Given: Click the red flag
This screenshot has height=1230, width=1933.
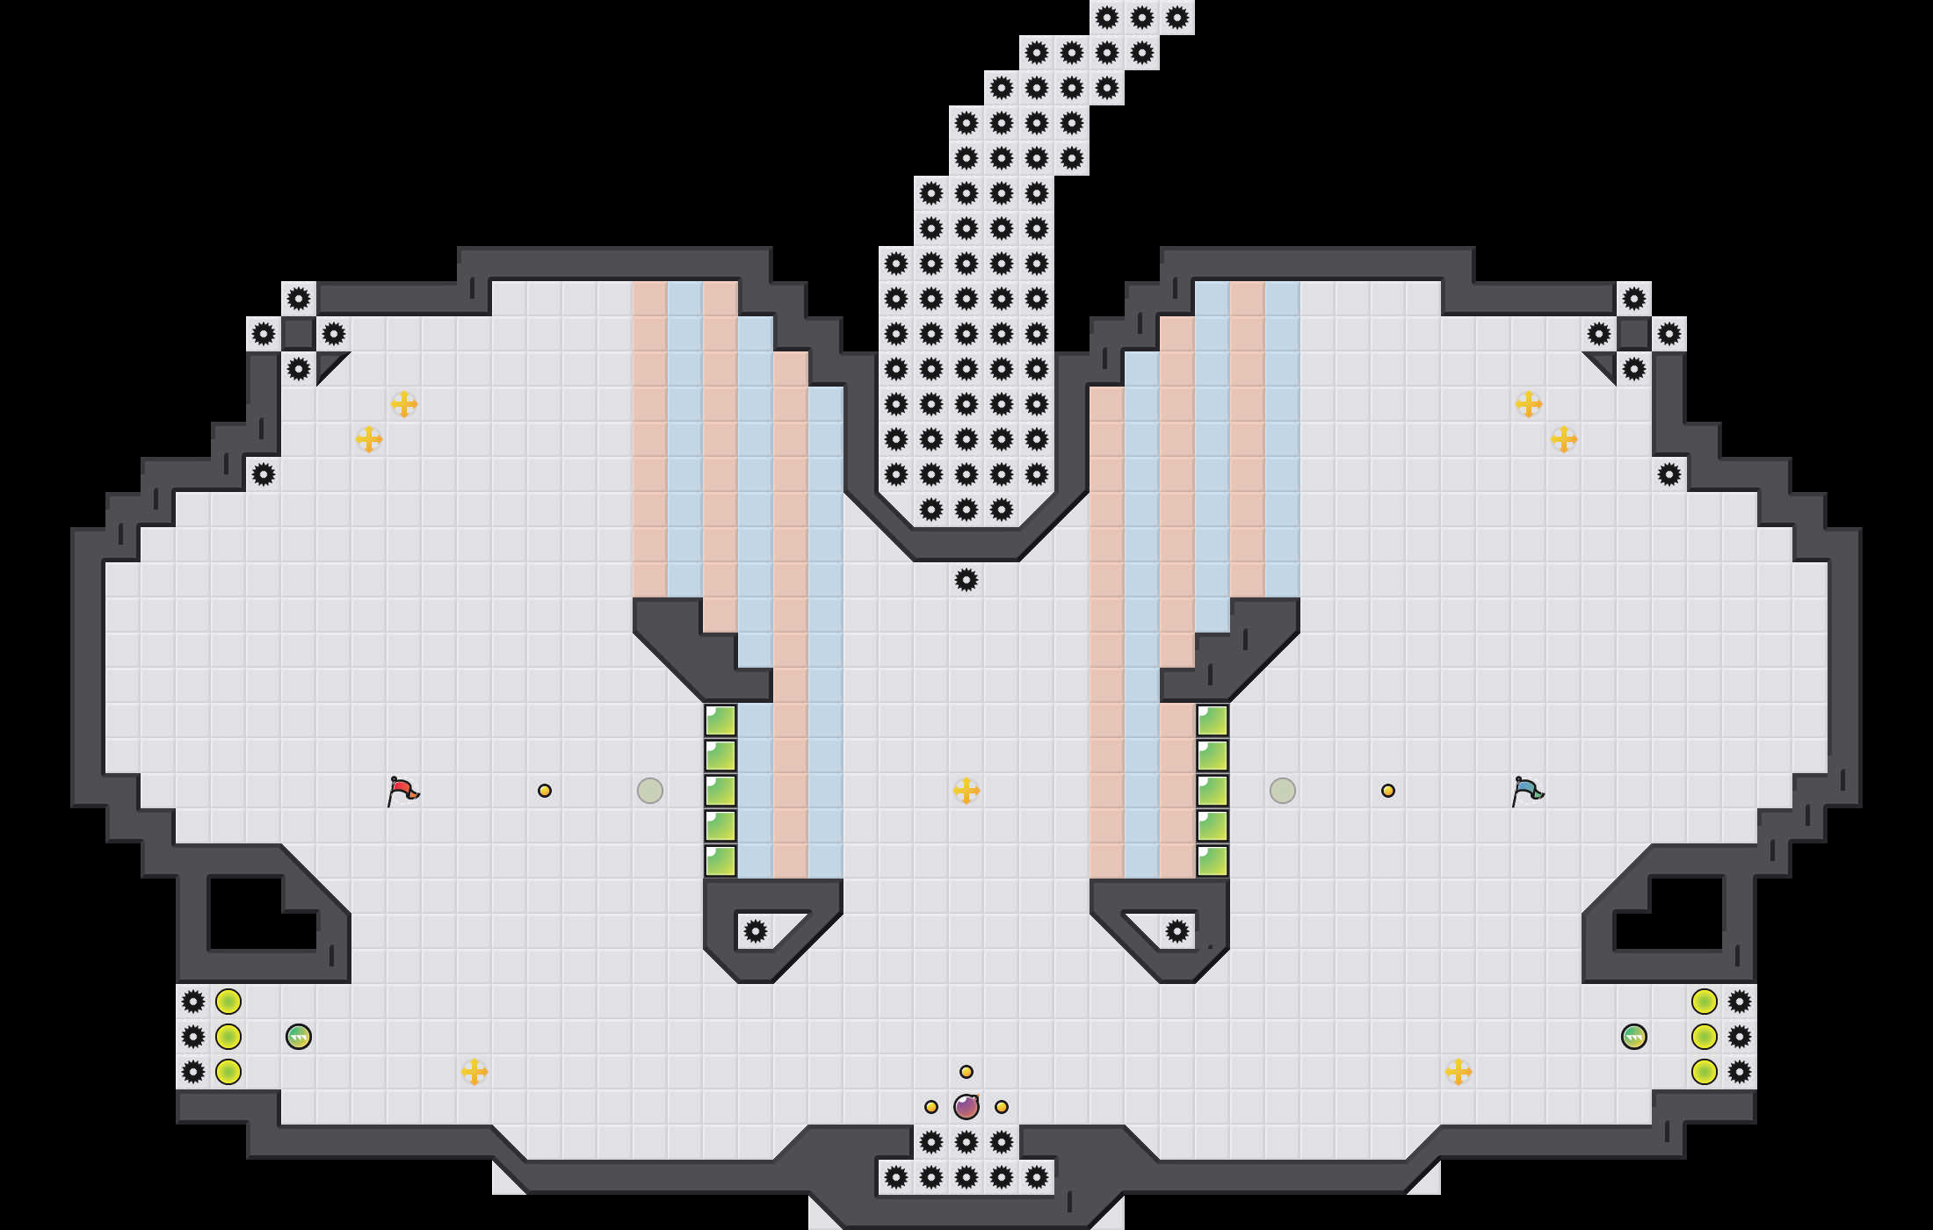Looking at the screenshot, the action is pyautogui.click(x=402, y=790).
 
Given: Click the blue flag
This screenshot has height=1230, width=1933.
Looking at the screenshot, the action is pyautogui.click(x=1527, y=790).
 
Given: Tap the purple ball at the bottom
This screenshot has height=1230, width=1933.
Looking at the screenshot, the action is pyautogui.click(x=966, y=1107).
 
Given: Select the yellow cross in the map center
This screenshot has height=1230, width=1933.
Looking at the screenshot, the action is pyautogui.click(x=966, y=791).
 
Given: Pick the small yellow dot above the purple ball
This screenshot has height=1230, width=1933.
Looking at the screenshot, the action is pyautogui.click(x=966, y=1072).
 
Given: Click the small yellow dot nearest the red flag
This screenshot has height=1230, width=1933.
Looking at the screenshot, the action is pyautogui.click(x=545, y=791).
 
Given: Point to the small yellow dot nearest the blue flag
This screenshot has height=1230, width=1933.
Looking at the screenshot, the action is pyautogui.click(x=1388, y=791).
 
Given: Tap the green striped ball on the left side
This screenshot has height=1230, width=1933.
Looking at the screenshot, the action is pyautogui.click(x=299, y=1037).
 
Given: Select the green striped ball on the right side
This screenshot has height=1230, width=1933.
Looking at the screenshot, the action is pyautogui.click(x=1634, y=1037).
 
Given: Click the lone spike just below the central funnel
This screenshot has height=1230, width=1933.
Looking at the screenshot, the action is pyautogui.click(x=966, y=580).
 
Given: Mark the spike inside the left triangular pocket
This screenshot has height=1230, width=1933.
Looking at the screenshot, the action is pyautogui.click(x=756, y=931).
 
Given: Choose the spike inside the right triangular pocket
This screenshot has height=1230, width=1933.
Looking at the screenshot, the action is pyautogui.click(x=1177, y=931).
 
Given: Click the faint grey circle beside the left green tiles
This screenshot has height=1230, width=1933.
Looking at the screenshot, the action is pyautogui.click(x=650, y=791).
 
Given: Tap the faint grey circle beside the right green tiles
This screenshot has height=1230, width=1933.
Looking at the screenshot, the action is pyautogui.click(x=1283, y=791).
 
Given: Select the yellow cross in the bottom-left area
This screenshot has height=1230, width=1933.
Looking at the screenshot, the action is pyautogui.click(x=474, y=1072).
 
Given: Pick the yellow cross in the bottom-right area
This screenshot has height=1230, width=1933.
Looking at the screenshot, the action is pyautogui.click(x=1459, y=1072).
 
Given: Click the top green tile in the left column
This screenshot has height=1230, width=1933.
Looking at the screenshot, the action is pyautogui.click(x=720, y=720).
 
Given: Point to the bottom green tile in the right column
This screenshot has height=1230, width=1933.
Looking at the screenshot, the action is pyautogui.click(x=1213, y=861).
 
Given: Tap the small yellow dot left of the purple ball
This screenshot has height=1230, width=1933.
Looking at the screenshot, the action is pyautogui.click(x=931, y=1107).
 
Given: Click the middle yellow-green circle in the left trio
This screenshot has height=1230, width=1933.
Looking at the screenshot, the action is pyautogui.click(x=228, y=1037).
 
